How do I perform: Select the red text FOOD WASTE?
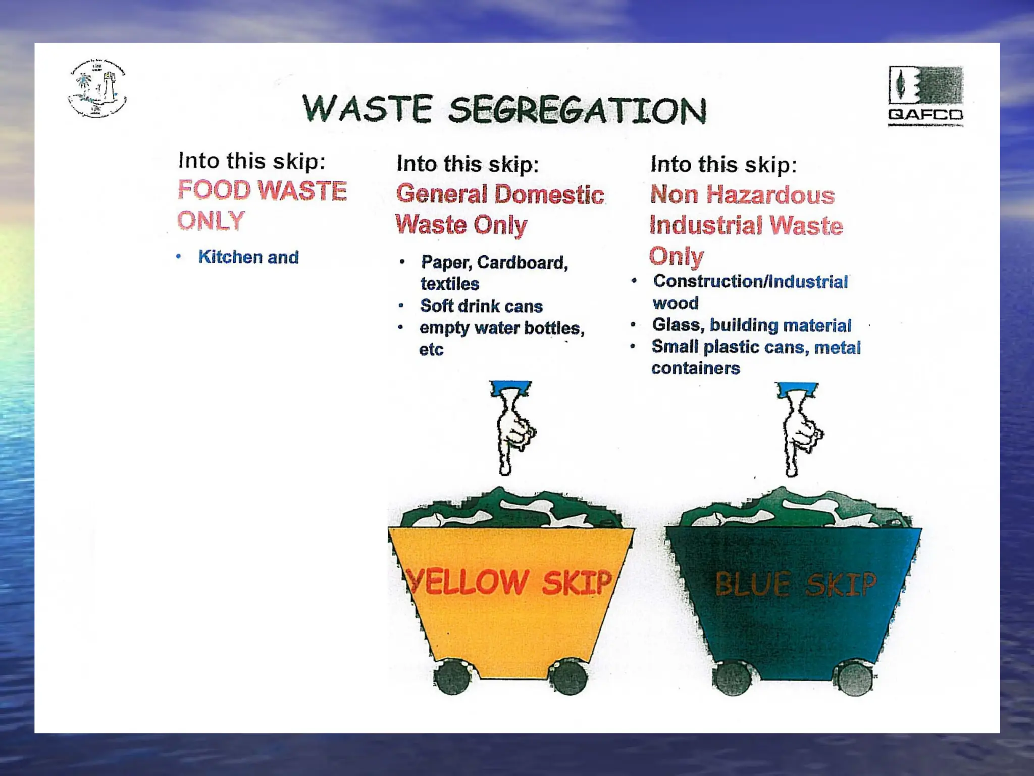coord(262,190)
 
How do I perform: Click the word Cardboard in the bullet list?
coord(522,262)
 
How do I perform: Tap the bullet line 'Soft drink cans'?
coord(481,306)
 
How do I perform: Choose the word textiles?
coord(450,284)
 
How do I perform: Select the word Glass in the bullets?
coord(678,325)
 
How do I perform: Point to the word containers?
coord(695,368)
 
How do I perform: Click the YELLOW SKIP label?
coord(509,581)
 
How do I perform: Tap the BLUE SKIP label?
coord(796,584)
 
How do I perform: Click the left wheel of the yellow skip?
coord(452,677)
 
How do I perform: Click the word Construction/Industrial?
coord(750,281)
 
